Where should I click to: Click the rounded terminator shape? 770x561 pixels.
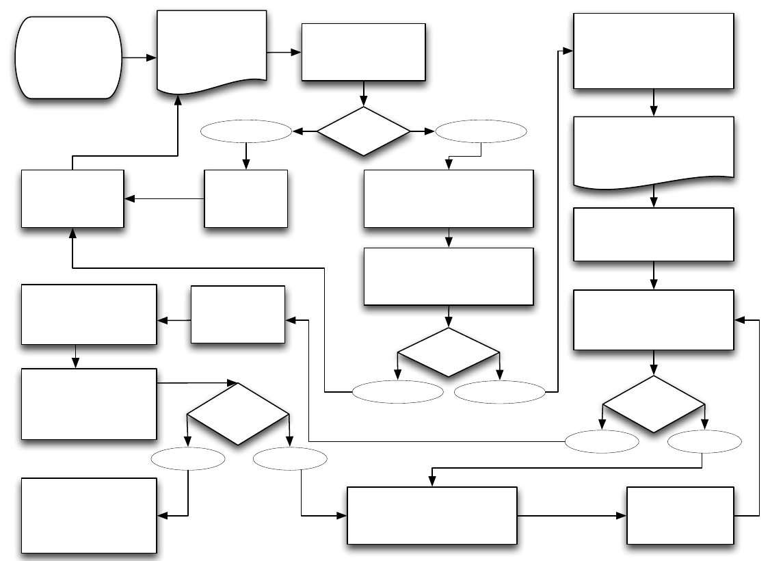pyautogui.click(x=68, y=58)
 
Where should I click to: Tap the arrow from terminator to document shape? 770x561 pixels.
pyautogui.click(x=140, y=58)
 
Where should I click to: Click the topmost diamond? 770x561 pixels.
pyautogui.click(x=363, y=131)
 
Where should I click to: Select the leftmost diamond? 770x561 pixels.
pyautogui.click(x=238, y=414)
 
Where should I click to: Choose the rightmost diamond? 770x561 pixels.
pyautogui.click(x=654, y=404)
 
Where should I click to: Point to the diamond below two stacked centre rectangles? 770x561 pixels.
pyautogui.click(x=449, y=352)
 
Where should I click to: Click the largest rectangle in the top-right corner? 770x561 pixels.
pyautogui.click(x=654, y=51)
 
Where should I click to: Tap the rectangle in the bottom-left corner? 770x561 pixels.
pyautogui.click(x=89, y=515)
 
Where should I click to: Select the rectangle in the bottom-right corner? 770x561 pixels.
pyautogui.click(x=680, y=515)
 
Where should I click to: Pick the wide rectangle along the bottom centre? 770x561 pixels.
pyautogui.click(x=432, y=515)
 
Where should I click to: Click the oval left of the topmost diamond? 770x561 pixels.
pyautogui.click(x=246, y=131)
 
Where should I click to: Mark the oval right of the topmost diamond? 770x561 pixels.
pyautogui.click(x=481, y=131)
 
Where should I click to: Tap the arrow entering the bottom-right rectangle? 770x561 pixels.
pyautogui.click(x=572, y=515)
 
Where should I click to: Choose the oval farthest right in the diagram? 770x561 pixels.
pyautogui.click(x=704, y=442)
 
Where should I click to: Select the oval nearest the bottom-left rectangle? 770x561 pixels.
pyautogui.click(x=188, y=458)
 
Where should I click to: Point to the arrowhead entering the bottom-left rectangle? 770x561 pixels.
pyautogui.click(x=163, y=515)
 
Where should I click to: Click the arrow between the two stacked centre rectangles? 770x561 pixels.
pyautogui.click(x=449, y=237)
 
